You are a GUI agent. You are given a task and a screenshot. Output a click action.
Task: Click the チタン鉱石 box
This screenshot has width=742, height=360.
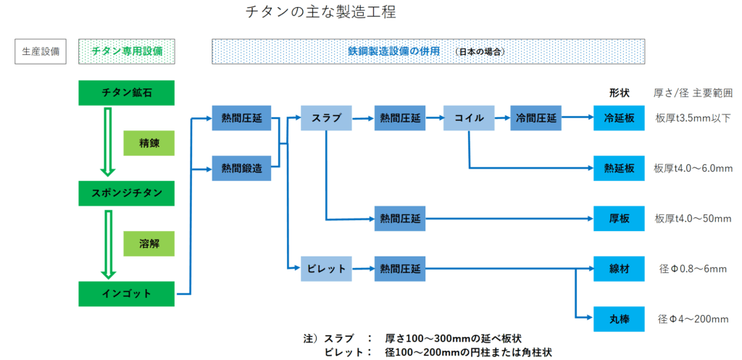126,93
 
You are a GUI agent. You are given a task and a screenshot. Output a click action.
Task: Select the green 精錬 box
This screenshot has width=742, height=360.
149,144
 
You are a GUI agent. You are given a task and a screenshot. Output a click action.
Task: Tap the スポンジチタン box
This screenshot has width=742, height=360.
126,193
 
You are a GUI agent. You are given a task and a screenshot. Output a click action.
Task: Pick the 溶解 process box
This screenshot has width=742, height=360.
149,243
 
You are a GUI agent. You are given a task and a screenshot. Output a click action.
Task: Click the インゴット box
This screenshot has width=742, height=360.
126,293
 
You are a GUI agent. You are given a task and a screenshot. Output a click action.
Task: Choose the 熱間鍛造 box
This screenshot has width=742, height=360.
236,168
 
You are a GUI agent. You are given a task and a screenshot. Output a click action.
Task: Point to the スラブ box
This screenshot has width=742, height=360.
326,118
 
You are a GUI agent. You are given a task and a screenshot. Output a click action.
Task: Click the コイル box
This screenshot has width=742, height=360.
469,118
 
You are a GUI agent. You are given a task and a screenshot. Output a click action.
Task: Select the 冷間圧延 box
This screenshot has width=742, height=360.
535,118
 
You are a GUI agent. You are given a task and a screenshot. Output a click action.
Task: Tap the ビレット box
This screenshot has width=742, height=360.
326,269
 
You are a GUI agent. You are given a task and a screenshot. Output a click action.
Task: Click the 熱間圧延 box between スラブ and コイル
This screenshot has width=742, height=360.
399,118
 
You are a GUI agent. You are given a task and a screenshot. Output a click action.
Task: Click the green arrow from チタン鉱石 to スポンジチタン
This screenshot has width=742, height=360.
108,142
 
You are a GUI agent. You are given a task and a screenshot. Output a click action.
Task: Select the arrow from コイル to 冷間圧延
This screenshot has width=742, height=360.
501,117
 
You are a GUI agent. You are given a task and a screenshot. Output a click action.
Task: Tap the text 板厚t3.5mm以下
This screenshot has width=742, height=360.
693,118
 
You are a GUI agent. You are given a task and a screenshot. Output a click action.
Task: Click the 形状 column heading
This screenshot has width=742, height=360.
619,93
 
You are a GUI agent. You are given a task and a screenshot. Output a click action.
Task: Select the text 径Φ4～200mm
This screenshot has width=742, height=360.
693,319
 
